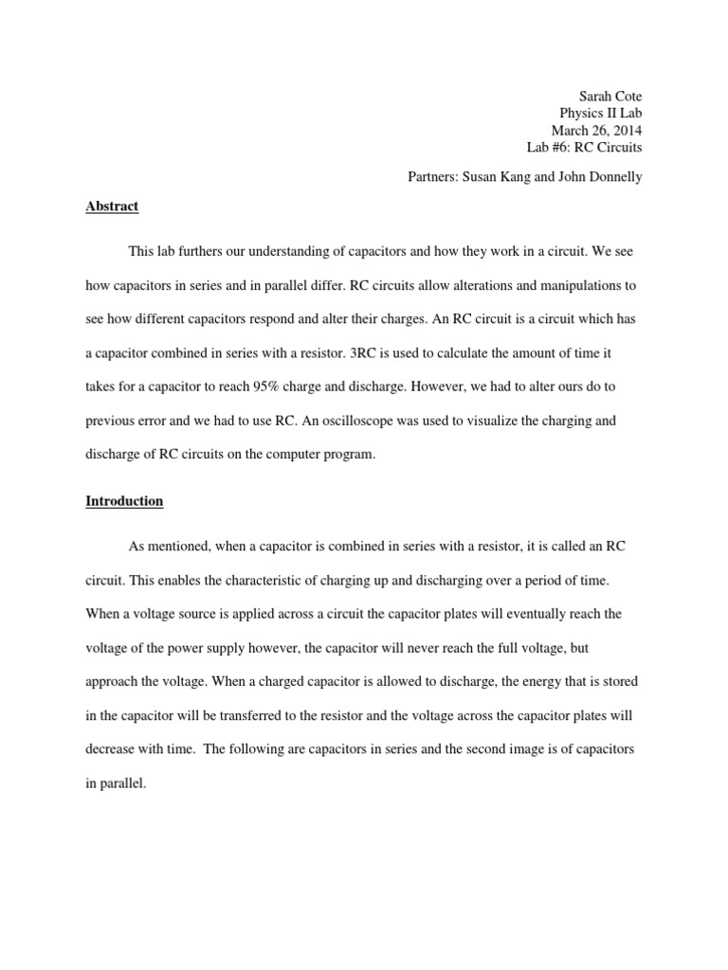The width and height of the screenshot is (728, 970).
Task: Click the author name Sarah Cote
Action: click(x=610, y=96)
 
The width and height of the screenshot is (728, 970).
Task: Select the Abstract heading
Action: click(x=112, y=206)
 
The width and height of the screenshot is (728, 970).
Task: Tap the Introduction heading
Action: click(x=124, y=500)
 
